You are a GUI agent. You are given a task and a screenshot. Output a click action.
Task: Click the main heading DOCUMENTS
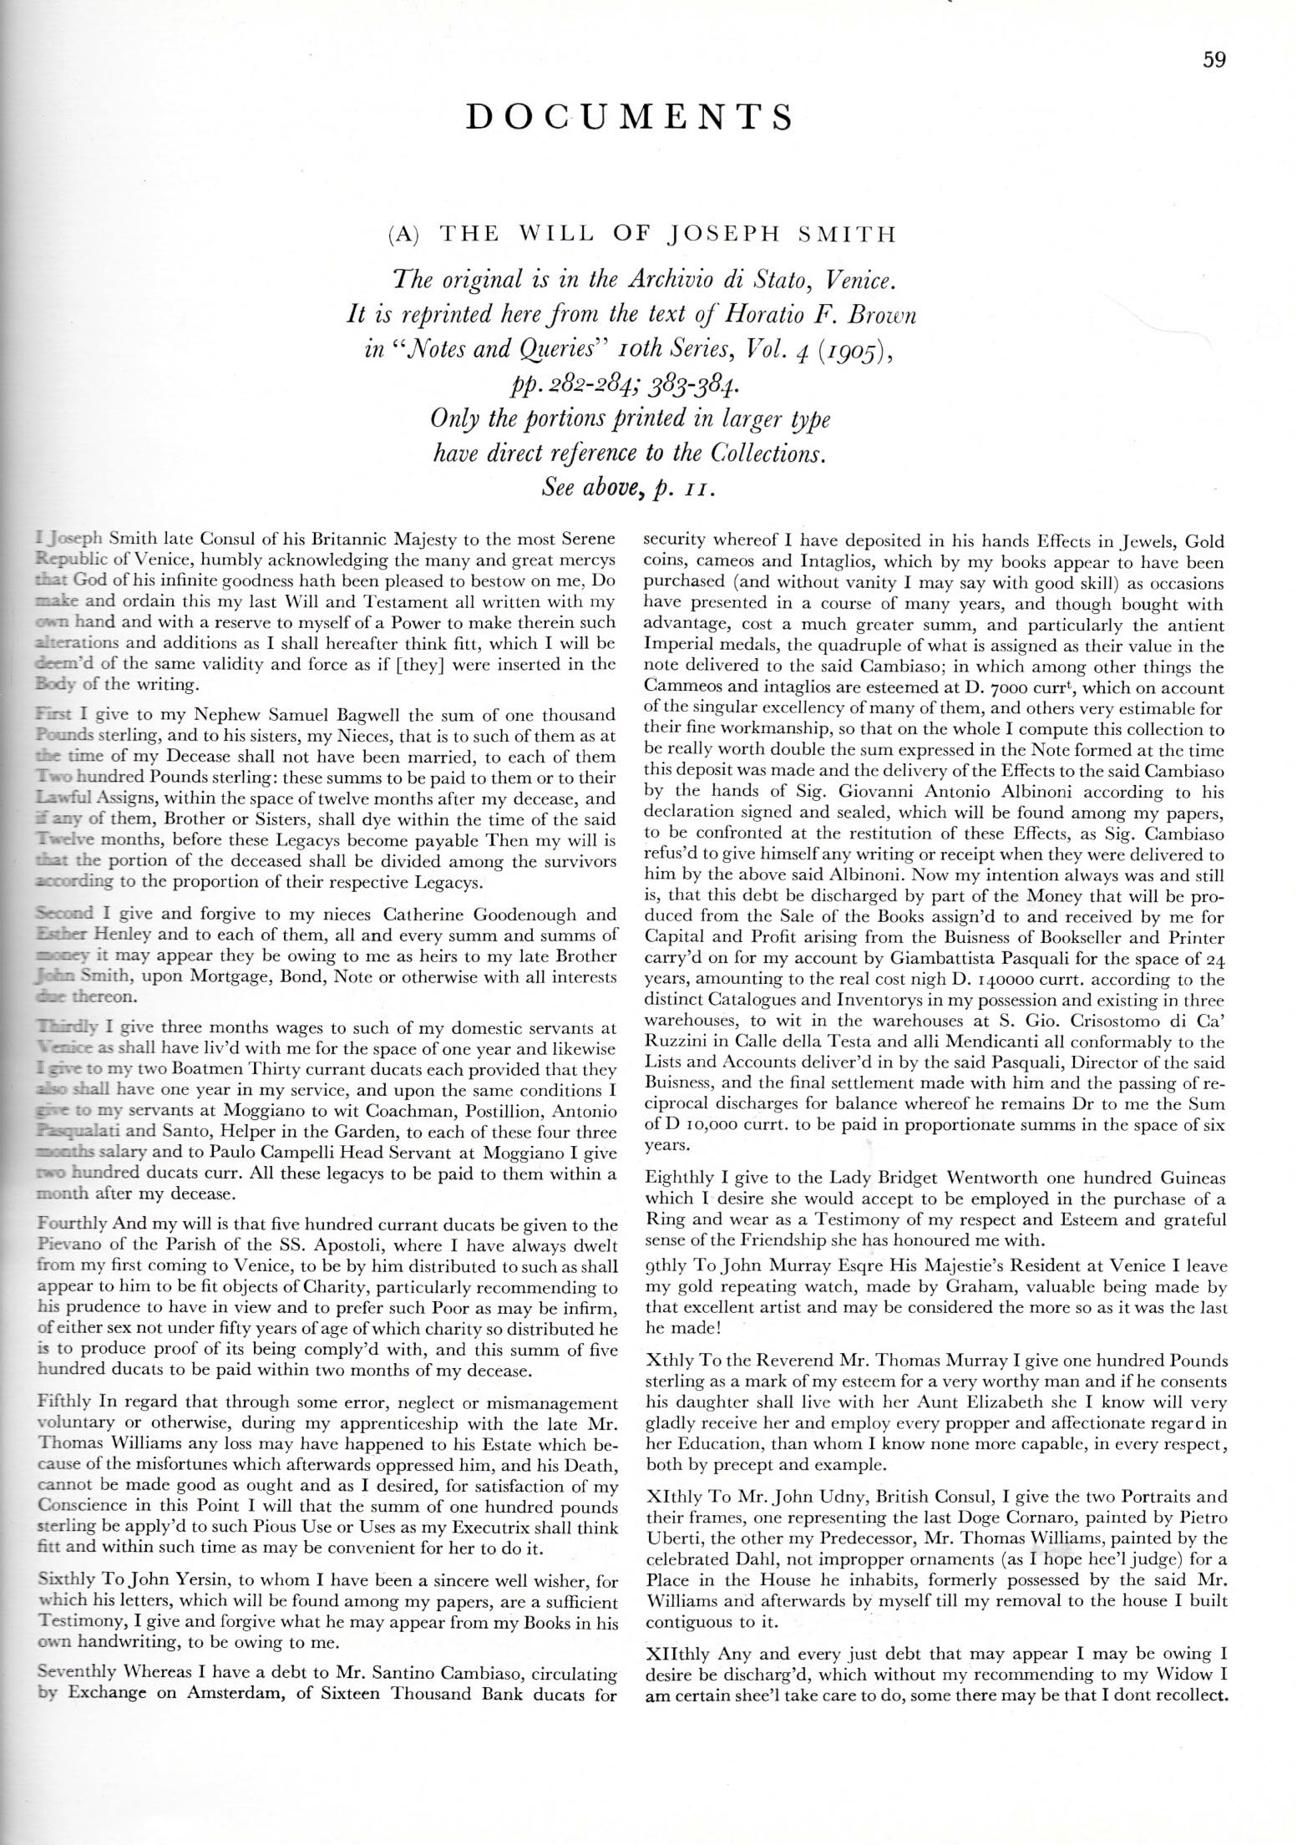click(629, 118)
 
